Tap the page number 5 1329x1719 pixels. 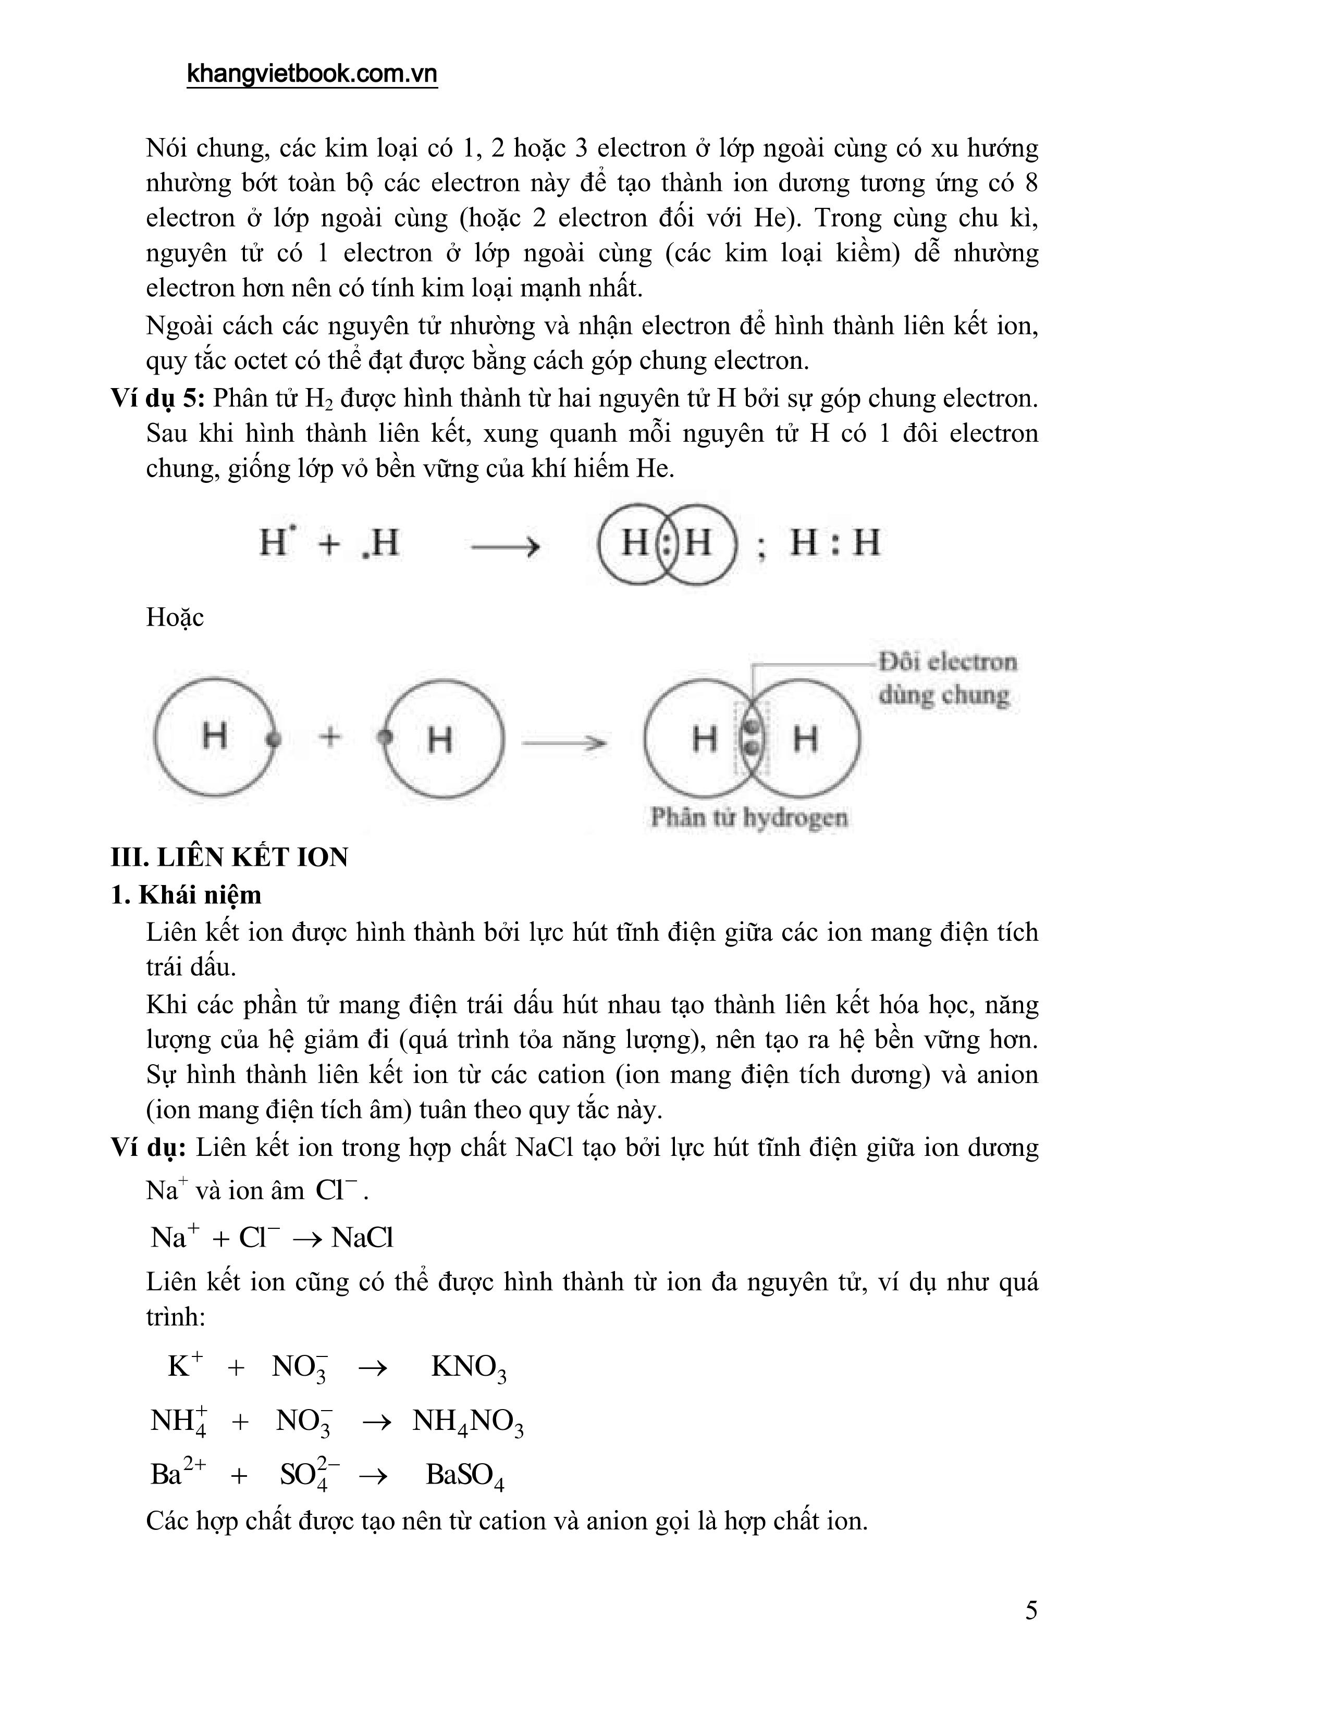(1030, 1610)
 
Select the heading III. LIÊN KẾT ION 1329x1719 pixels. (229, 856)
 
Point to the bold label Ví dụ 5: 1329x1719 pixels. (157, 398)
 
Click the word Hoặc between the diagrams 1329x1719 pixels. (175, 617)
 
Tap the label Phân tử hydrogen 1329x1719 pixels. (749, 818)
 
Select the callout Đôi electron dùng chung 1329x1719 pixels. (946, 678)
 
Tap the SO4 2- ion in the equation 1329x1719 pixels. (310, 1474)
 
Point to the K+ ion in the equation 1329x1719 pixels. (185, 1366)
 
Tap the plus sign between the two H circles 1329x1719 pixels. (330, 738)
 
